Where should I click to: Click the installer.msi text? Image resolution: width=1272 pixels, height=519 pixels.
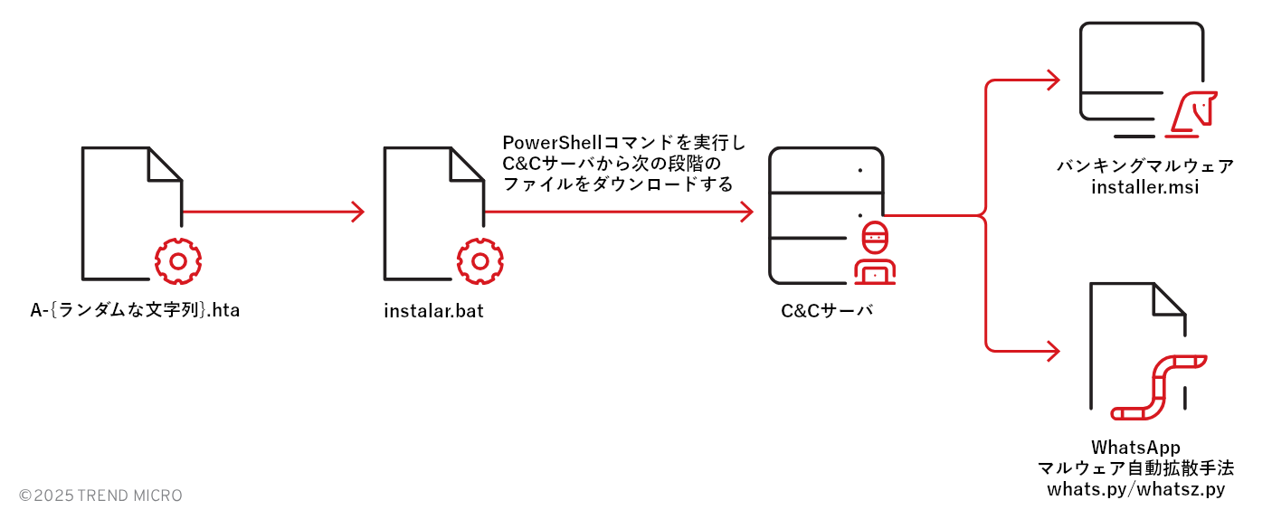tap(1144, 187)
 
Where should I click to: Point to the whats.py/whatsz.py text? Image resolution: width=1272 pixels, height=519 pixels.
tap(1135, 489)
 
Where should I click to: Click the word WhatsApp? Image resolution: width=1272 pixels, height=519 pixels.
tap(1135, 447)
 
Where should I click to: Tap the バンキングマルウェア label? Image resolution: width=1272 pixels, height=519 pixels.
tap(1144, 166)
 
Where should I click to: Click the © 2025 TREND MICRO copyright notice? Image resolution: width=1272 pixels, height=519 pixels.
tap(100, 495)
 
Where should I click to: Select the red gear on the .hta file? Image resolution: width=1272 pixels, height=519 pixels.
tap(178, 261)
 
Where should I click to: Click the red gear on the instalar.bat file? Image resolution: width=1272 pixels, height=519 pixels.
tap(479, 261)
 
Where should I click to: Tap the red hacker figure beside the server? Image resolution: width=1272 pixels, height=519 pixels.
tap(874, 252)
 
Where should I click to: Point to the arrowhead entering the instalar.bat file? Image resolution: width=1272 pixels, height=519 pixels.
tap(358, 212)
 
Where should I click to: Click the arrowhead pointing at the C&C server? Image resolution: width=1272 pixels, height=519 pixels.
tap(747, 212)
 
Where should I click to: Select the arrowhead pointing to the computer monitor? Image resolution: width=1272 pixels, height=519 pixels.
tap(1053, 80)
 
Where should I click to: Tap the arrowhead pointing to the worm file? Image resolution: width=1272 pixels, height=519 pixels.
tap(1053, 350)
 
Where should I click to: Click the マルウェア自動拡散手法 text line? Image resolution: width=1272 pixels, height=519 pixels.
tap(1135, 468)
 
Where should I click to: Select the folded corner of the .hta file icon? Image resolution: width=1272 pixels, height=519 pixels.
tap(165, 164)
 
